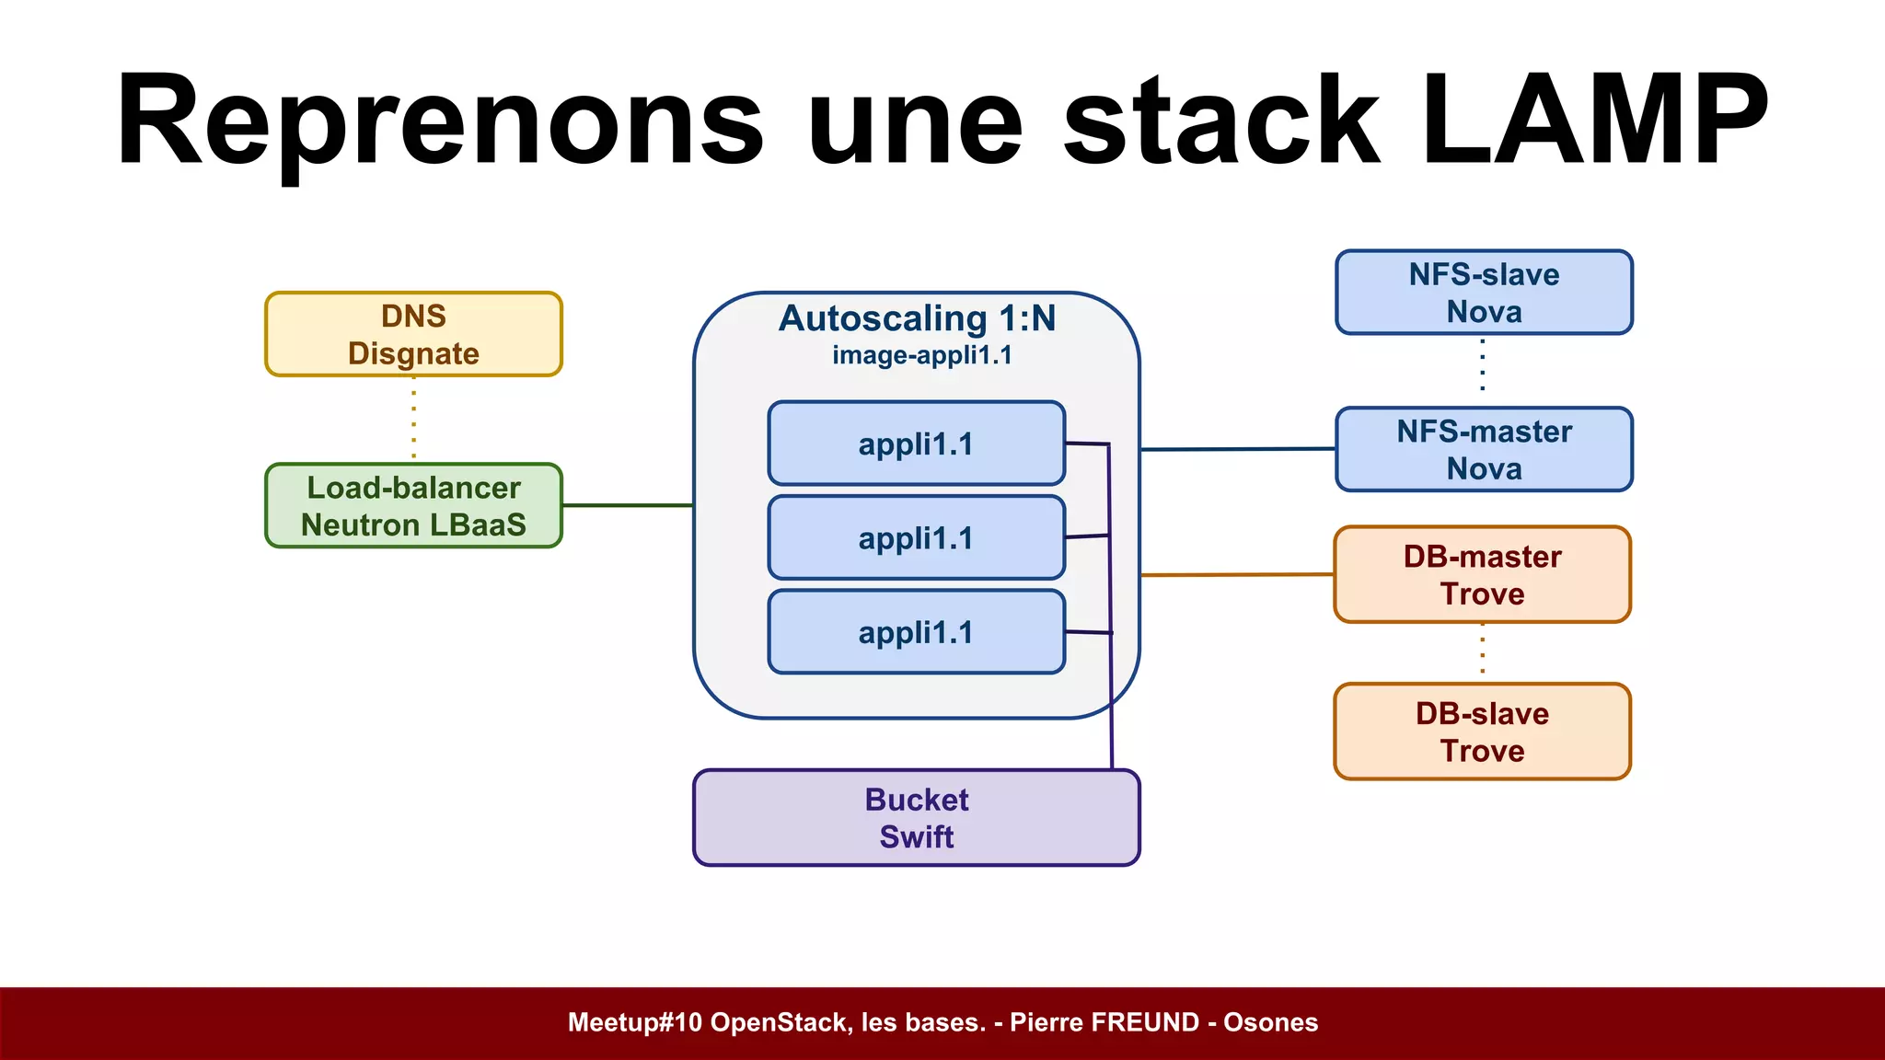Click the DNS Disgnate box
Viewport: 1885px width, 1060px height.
tap(413, 334)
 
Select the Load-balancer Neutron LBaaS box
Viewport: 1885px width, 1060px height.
tap(413, 505)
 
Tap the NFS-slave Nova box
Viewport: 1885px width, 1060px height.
tap(1484, 292)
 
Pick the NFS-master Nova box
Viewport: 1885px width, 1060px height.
tap(1484, 449)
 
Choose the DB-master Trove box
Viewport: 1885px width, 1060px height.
tap(1482, 574)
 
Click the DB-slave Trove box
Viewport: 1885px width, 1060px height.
tap(1482, 732)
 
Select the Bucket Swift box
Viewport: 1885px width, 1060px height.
tap(916, 818)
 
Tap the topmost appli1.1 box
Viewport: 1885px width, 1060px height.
tap(916, 444)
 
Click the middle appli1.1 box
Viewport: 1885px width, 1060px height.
tap(916, 537)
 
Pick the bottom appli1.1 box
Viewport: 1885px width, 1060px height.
tap(916, 632)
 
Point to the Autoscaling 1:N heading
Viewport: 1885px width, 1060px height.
tap(917, 318)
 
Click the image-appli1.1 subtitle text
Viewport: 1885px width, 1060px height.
tap(921, 355)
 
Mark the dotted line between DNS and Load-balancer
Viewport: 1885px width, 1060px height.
tap(413, 421)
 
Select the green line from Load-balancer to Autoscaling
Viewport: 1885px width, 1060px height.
tap(627, 505)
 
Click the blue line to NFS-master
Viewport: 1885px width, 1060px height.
tap(1237, 449)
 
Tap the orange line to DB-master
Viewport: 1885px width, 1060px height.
tap(1237, 574)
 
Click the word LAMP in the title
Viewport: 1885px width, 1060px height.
tap(1593, 121)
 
